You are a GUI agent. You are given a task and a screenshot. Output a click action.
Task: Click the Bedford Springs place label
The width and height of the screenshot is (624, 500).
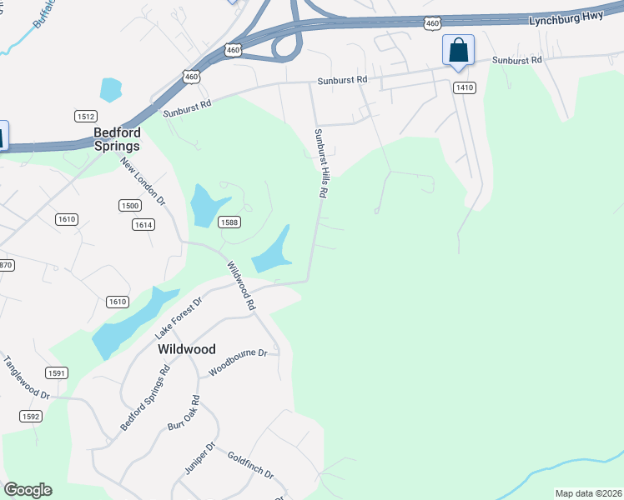click(117, 138)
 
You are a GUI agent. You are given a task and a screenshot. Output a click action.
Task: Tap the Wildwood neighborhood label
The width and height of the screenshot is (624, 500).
click(187, 350)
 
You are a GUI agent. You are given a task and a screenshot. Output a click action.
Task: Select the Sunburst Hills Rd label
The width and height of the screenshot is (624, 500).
click(320, 162)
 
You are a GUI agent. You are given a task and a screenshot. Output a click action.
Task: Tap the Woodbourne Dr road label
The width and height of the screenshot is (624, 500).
click(238, 363)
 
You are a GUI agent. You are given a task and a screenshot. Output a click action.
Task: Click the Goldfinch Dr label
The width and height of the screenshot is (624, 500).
click(250, 465)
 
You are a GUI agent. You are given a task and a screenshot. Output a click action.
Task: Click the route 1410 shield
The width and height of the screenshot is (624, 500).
click(465, 87)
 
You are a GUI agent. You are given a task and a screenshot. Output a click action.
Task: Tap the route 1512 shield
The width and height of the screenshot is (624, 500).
click(85, 117)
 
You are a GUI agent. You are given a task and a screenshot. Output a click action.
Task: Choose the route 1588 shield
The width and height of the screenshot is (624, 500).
click(230, 222)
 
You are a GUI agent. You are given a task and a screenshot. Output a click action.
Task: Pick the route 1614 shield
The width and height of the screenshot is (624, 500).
click(143, 225)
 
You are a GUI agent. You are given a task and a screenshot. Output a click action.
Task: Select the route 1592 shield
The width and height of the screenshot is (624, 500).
click(30, 416)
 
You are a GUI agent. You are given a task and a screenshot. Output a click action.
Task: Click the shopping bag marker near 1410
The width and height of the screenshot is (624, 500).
click(458, 50)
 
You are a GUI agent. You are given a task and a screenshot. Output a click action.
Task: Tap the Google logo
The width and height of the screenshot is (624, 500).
click(28, 490)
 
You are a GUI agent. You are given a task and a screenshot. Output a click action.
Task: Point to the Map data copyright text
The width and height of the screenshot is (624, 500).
click(588, 493)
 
